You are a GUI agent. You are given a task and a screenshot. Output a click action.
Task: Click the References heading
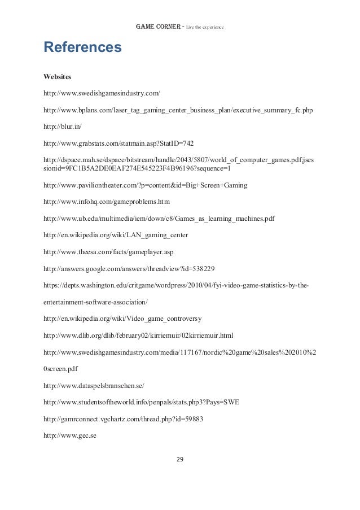(82, 47)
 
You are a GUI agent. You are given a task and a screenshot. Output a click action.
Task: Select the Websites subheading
(59, 75)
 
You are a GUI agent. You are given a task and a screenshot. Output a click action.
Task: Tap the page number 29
(180, 459)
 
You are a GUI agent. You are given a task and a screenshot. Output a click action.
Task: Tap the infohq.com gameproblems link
(107, 201)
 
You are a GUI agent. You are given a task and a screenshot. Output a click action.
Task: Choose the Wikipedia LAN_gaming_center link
(116, 234)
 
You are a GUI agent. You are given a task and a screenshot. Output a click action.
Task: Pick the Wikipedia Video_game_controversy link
(126, 319)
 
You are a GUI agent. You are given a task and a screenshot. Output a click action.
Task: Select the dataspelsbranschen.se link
(94, 385)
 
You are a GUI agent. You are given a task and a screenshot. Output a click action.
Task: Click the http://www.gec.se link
(71, 435)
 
